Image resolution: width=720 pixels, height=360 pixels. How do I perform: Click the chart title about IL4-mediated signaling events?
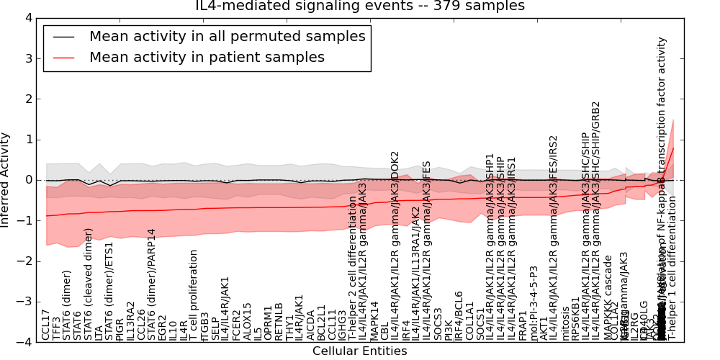[360, 6]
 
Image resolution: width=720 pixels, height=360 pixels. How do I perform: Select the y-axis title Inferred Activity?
[6, 179]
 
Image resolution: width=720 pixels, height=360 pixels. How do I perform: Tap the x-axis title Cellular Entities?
[359, 351]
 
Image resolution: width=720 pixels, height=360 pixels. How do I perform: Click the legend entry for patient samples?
[207, 57]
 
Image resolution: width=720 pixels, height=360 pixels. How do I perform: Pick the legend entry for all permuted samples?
[227, 36]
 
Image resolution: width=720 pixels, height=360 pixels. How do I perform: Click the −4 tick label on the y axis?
[27, 342]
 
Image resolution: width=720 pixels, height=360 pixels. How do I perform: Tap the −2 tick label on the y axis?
[27, 261]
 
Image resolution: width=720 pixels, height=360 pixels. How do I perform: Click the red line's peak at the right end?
[673, 148]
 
